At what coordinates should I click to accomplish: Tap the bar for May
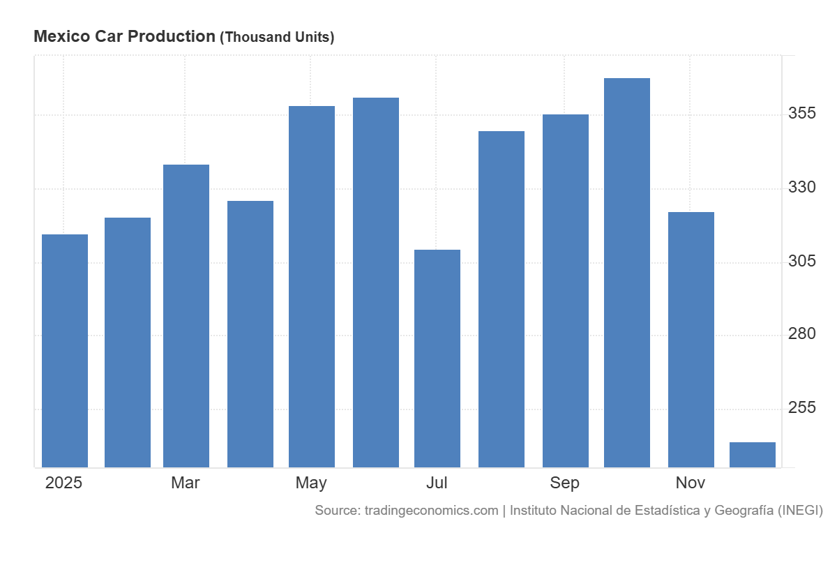click(312, 287)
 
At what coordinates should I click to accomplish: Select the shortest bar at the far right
click(753, 455)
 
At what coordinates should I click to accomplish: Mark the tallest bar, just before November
click(627, 273)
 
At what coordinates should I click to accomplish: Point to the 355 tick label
click(801, 114)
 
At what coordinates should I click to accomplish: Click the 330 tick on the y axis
click(801, 188)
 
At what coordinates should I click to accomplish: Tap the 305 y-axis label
click(801, 262)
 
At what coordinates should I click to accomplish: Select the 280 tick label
click(801, 334)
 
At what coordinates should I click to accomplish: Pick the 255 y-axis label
click(801, 408)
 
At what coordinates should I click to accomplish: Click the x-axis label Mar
click(186, 483)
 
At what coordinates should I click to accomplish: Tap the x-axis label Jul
click(437, 483)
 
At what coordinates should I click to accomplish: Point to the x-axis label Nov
click(691, 483)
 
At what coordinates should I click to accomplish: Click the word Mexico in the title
click(58, 37)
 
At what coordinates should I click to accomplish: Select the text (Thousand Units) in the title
click(277, 38)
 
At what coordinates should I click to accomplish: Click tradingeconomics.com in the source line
click(431, 511)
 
